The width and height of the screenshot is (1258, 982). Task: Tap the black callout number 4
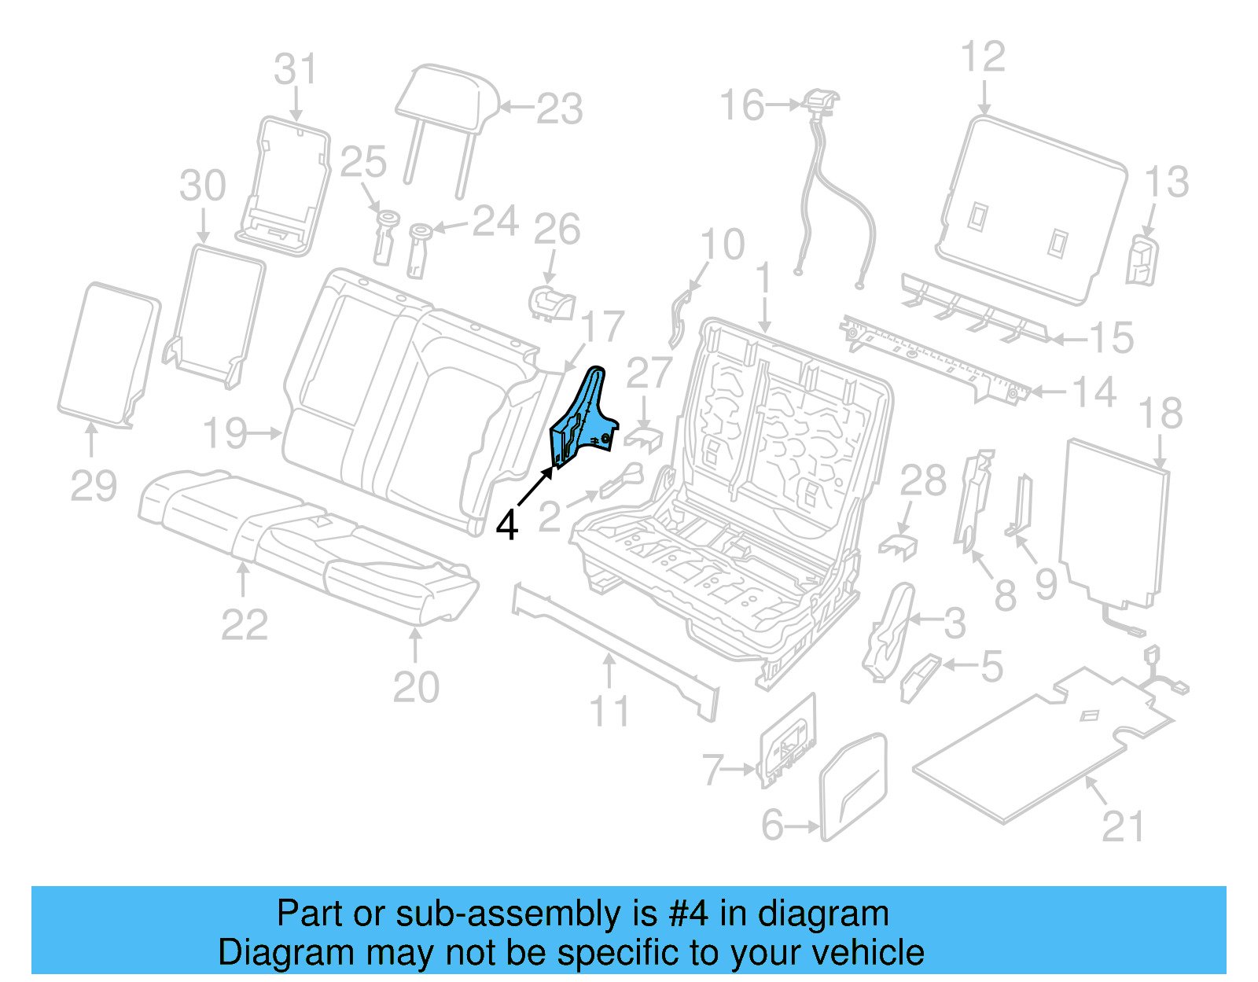coord(507,525)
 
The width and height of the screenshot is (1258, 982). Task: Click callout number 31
coord(295,69)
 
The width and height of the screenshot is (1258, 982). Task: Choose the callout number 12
coord(983,57)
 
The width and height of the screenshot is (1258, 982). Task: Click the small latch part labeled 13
coord(1142,260)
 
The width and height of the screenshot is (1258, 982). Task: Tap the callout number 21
coord(1123,826)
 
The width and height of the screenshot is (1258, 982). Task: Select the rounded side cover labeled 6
coord(854,786)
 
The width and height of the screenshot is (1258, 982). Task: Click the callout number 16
coord(742,105)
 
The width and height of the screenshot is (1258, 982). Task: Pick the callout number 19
coord(226,432)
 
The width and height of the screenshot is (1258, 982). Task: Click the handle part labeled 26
coord(552,303)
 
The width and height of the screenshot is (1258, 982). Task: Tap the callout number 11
coord(609,711)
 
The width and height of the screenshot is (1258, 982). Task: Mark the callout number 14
coord(1094,392)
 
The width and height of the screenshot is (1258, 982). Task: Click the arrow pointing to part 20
coord(415,644)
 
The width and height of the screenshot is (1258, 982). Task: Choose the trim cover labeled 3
coord(891,629)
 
